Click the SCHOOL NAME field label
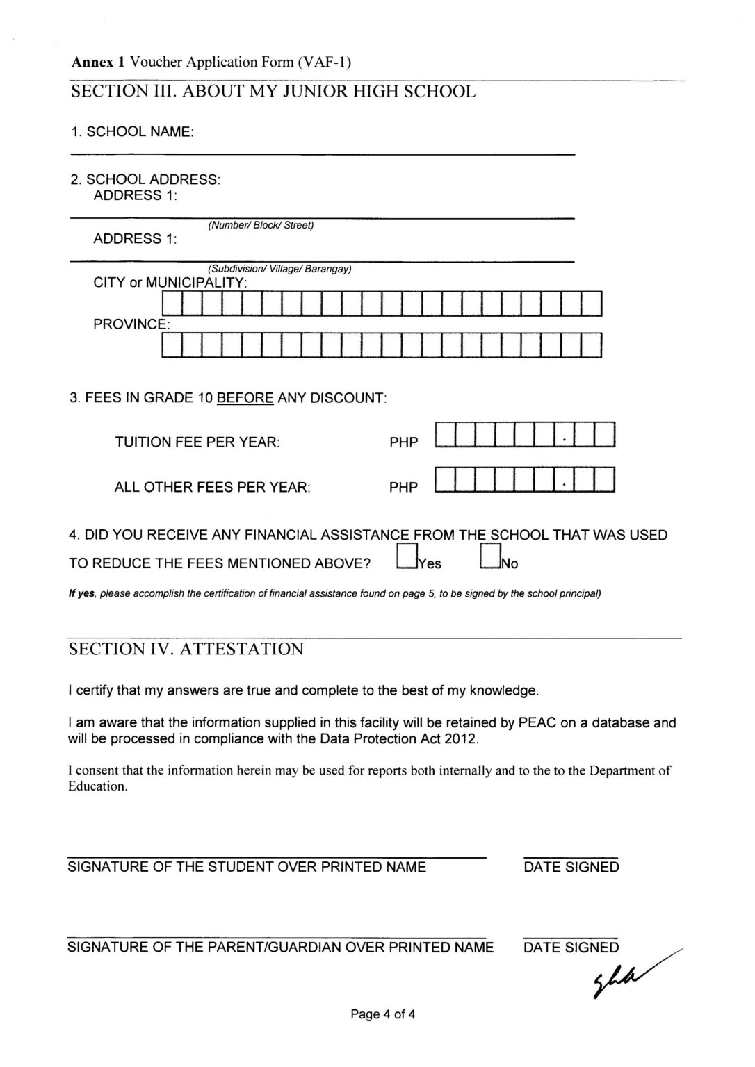[132, 132]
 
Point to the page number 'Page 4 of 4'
[383, 1014]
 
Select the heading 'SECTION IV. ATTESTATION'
[186, 650]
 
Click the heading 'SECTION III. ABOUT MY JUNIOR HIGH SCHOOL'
[273, 92]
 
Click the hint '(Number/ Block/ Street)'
[261, 225]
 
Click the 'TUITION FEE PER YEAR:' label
[197, 442]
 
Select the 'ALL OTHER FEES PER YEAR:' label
[212, 487]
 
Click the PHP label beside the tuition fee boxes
[404, 442]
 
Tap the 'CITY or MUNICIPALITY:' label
[170, 283]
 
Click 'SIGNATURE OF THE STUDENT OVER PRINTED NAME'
[247, 867]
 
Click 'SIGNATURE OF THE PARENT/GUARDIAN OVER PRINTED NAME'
[280, 948]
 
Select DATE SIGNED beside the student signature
[571, 867]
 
